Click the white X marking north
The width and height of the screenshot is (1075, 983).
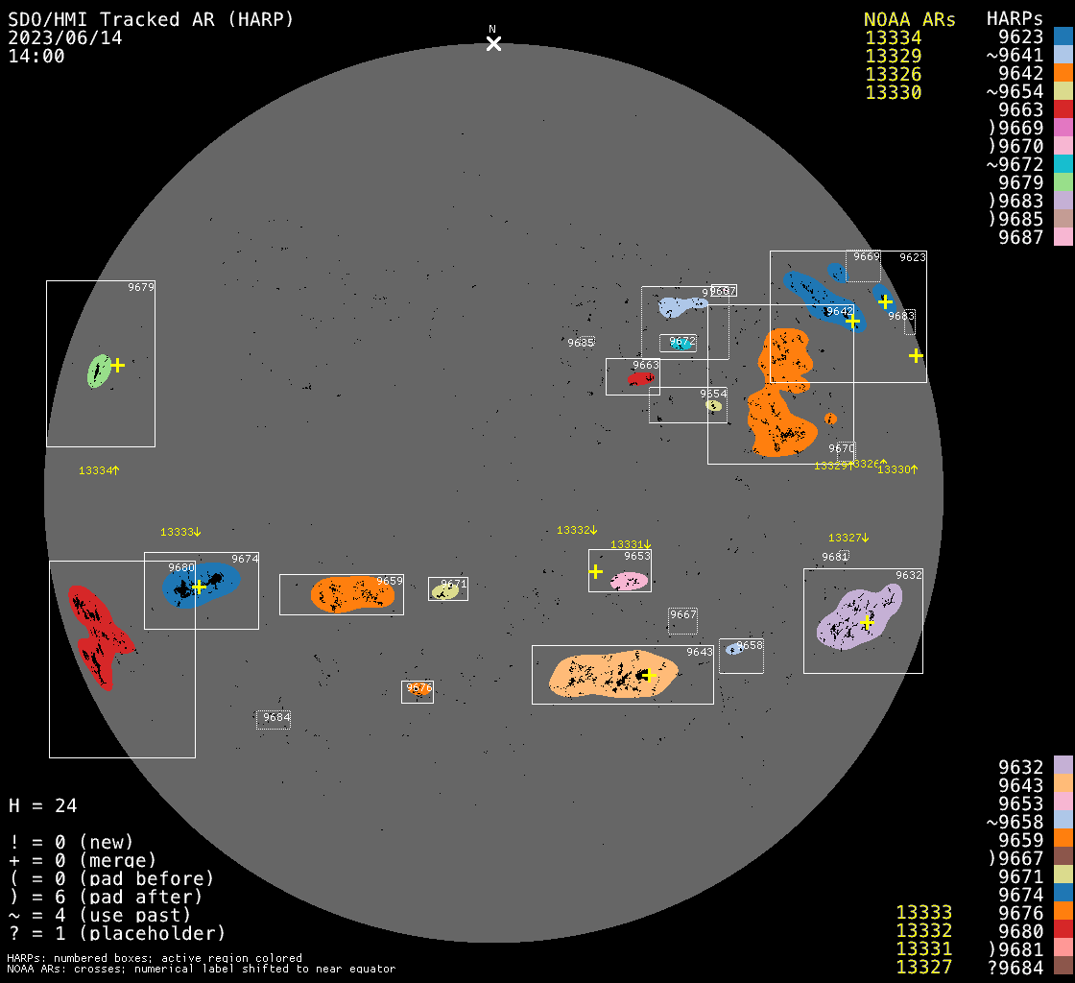493,43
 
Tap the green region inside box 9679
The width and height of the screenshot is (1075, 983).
99,371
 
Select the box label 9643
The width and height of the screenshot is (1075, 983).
700,653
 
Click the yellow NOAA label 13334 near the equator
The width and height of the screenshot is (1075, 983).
98,470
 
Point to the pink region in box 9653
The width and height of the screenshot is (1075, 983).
630,581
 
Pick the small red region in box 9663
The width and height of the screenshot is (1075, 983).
640,379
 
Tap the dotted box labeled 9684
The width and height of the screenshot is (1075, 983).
274,719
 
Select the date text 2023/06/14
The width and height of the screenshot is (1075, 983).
64,37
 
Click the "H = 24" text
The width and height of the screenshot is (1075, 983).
43,805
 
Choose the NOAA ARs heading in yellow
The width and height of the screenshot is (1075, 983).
909,20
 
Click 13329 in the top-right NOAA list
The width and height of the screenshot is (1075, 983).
893,57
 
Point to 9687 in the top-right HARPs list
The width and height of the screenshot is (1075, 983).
1020,237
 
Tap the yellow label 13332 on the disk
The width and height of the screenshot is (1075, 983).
576,530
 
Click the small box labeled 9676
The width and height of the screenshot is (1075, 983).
418,691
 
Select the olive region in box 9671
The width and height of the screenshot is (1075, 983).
445,590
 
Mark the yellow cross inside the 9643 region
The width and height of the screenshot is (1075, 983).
648,675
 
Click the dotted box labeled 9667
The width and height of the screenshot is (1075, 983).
682,620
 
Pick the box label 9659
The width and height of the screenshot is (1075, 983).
390,581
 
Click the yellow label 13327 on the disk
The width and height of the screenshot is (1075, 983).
847,538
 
